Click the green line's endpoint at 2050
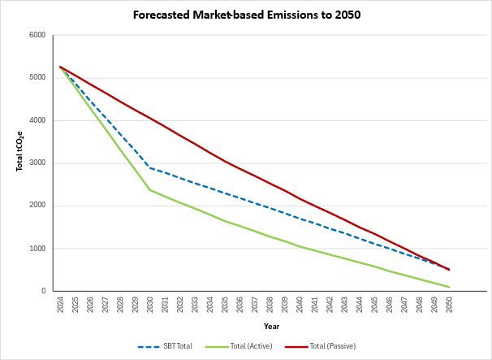pos(448,287)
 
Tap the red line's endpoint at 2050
pos(448,270)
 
